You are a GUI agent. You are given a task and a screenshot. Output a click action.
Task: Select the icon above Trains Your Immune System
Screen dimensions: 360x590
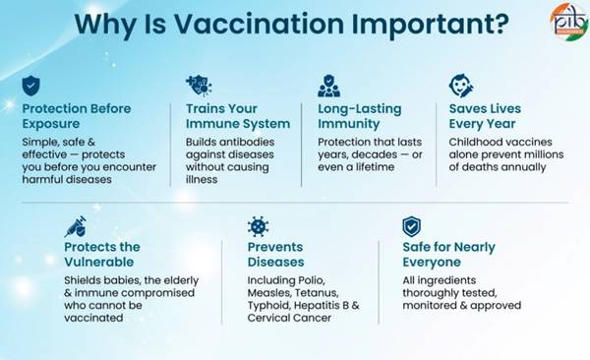click(x=197, y=86)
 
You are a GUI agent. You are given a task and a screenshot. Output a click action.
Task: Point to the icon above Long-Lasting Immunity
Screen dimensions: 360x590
click(x=328, y=86)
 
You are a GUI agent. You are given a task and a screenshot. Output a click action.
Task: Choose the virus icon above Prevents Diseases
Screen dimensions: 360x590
click(x=259, y=226)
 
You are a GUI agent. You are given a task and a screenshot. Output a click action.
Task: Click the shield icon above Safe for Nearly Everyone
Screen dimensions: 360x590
click(x=412, y=226)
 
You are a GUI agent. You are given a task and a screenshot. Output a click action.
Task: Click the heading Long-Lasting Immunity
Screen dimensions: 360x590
click(x=362, y=116)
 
